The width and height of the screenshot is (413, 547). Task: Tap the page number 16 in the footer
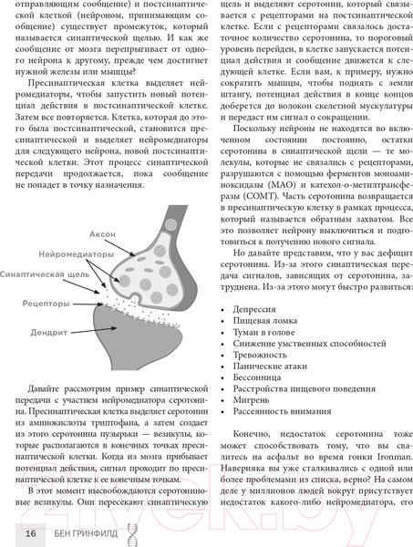point(31,533)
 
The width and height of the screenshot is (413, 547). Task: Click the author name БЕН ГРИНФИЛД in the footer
point(81,533)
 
